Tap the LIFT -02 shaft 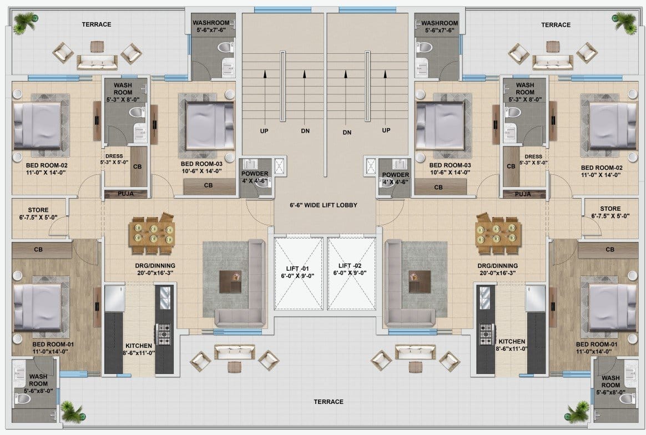coord(351,274)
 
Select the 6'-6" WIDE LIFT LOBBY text coord(324,205)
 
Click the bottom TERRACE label coord(329,402)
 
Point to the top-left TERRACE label coord(97,24)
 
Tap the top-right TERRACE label coord(556,25)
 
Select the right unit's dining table coord(498,232)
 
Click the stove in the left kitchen coord(164,334)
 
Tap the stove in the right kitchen coord(486,334)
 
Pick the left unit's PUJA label coord(125,194)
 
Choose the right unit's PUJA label coord(523,194)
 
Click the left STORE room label coord(38,210)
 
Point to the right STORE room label coord(610,209)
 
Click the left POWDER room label coord(255,174)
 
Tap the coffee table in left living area coord(230,281)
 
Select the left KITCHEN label coord(139,346)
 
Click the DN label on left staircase coord(305,131)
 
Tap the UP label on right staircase coord(386,130)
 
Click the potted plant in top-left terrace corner coord(25,23)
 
